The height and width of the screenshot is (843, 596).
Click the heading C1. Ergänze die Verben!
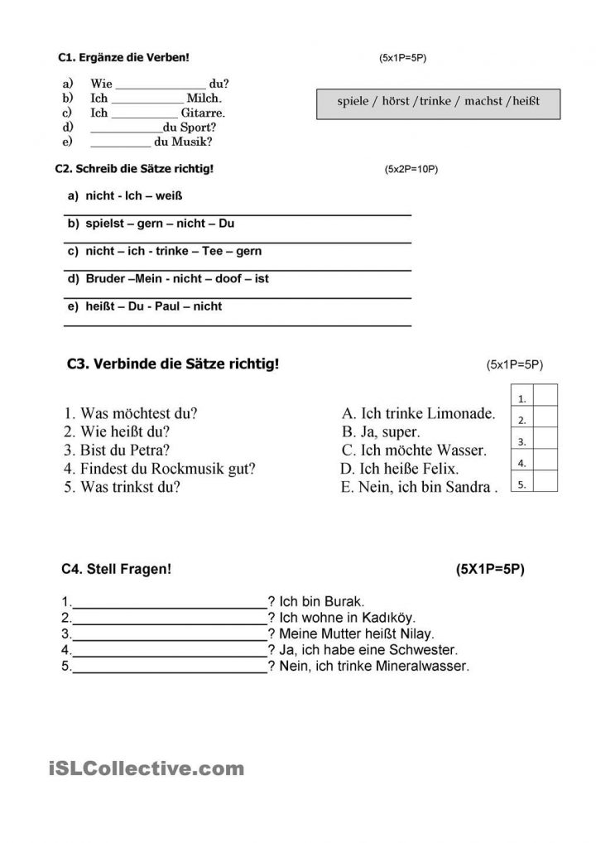(123, 57)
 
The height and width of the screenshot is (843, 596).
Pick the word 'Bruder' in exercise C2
(105, 279)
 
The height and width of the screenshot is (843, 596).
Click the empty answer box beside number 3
(546, 441)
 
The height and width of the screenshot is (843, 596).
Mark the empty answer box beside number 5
(546, 484)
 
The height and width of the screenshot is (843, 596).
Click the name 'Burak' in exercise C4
(346, 602)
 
